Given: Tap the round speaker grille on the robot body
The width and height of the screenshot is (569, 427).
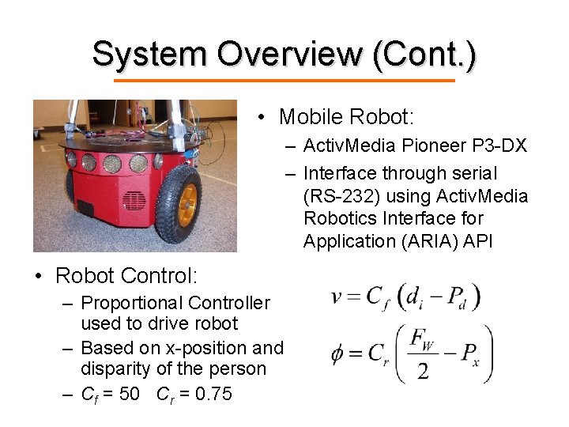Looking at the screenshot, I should click(x=134, y=200).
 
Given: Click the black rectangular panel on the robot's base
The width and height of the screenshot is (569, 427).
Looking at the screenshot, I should click(x=85, y=209).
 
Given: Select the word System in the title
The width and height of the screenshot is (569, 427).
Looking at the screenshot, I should click(x=149, y=54).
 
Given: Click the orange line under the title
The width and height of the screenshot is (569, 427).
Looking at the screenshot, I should click(x=284, y=81).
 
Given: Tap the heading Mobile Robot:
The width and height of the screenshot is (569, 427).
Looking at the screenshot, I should click(x=346, y=118).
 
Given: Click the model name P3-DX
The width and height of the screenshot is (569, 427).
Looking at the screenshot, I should click(x=499, y=146).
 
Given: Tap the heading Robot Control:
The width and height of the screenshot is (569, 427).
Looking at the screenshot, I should click(x=126, y=275).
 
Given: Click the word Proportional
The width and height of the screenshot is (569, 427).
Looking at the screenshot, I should click(x=126, y=303).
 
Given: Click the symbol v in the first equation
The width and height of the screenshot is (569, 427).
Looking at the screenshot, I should click(x=337, y=297).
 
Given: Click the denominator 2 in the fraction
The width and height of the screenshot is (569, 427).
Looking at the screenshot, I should click(x=424, y=370).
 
